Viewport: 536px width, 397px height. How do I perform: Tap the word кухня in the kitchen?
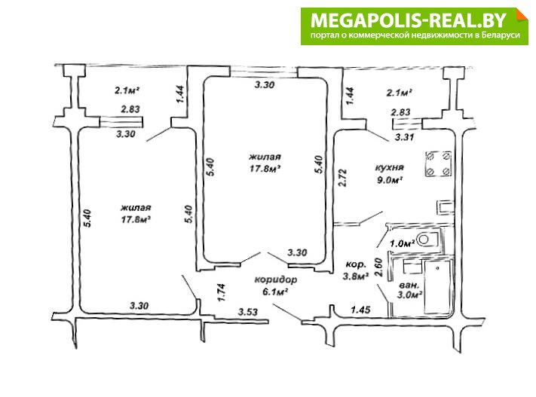(x=391, y=166)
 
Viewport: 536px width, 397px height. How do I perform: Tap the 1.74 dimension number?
(x=221, y=292)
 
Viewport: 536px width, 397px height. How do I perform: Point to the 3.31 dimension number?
(x=405, y=138)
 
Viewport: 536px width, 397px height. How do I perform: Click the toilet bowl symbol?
(x=427, y=240)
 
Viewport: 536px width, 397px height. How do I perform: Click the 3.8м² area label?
(x=356, y=276)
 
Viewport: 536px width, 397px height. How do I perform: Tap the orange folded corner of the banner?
(x=519, y=16)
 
